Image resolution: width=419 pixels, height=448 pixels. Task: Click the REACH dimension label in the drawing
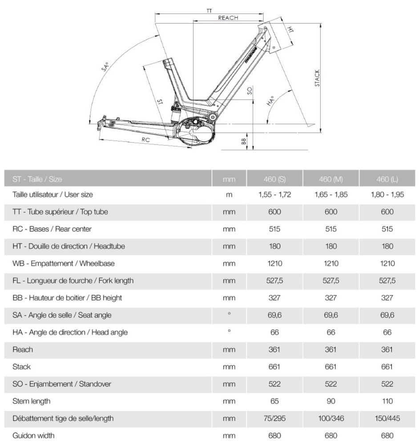pos(228,18)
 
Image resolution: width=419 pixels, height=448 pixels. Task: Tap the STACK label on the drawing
pos(317,78)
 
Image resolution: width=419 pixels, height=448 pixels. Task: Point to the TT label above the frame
pos(209,10)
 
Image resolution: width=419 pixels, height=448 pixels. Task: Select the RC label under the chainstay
pos(145,140)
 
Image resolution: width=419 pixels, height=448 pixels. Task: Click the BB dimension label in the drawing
pos(244,141)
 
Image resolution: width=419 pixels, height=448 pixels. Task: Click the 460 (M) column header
pos(331,179)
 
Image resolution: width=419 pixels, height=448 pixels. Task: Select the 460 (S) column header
pos(274,179)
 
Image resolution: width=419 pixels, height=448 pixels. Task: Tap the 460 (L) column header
pos(387,179)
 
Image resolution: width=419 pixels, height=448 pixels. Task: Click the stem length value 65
pos(274,401)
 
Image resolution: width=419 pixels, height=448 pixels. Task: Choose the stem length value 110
pos(387,401)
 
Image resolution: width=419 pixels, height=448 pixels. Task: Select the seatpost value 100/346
pos(331,418)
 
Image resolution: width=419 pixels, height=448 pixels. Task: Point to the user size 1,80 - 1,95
pos(387,195)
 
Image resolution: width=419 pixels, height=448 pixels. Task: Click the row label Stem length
pos(32,401)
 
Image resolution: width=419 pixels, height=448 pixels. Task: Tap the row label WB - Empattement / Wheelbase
pos(64,264)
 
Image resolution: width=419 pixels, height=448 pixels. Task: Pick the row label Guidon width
pos(34,436)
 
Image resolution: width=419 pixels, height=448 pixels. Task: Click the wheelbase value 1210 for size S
pos(274,264)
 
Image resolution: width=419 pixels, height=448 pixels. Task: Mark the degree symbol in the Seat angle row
pos(229,314)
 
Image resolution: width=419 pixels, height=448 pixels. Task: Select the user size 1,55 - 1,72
pos(274,195)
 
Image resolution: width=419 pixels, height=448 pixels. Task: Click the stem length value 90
pos(331,401)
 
